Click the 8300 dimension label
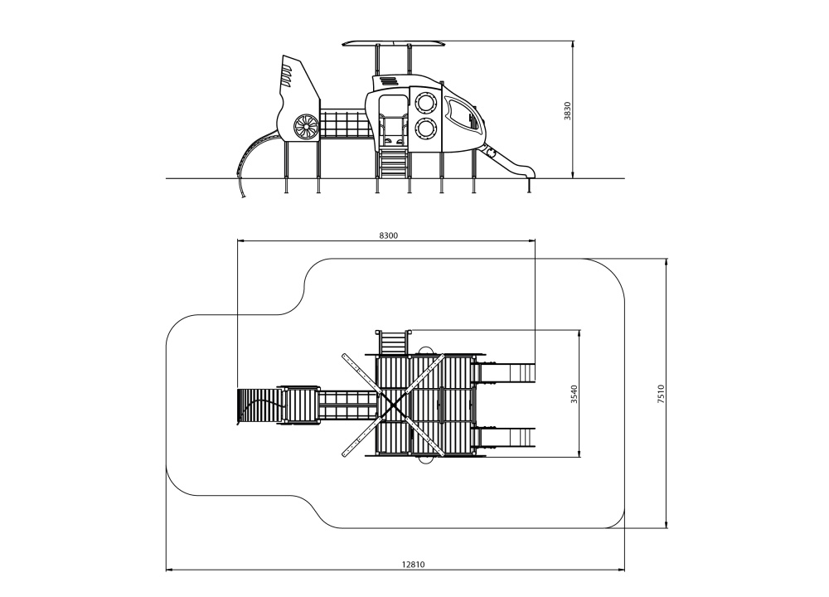[x=388, y=235]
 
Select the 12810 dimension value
[x=413, y=564]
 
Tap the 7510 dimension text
[x=661, y=395]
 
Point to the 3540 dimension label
[x=574, y=394]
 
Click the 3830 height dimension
[x=567, y=110]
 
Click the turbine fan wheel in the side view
[x=306, y=128]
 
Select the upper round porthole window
[x=425, y=103]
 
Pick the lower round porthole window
[x=425, y=129]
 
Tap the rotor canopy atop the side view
[x=393, y=43]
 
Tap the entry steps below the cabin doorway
[x=393, y=163]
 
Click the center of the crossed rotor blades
[x=392, y=405]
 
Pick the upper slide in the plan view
[x=504, y=372]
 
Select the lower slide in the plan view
[x=504, y=437]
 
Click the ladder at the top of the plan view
[x=393, y=342]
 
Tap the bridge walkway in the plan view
[x=347, y=405]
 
